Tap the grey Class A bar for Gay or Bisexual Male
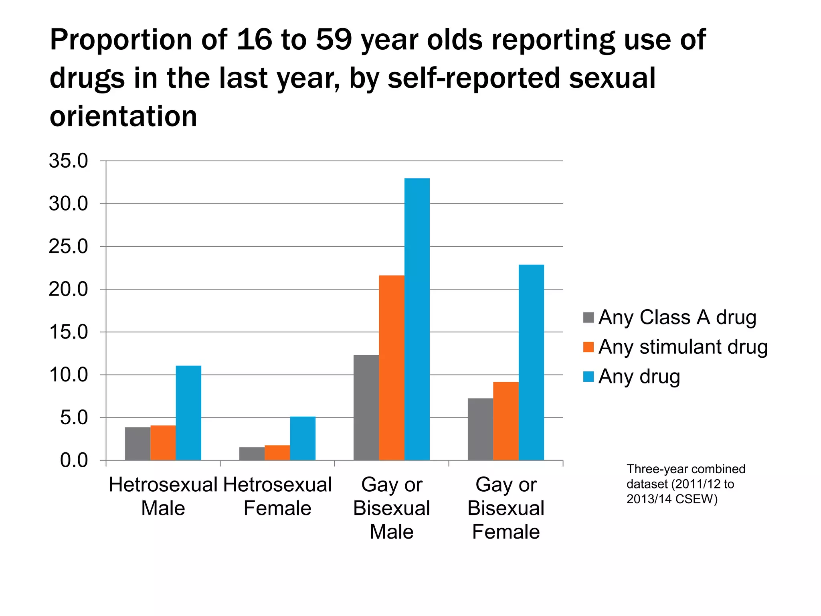click(x=366, y=407)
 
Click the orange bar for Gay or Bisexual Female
click(x=506, y=421)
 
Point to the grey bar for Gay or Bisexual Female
click(x=480, y=429)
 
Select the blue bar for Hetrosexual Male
click(x=188, y=413)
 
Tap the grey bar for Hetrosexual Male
click(x=138, y=444)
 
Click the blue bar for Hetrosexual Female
click(x=303, y=438)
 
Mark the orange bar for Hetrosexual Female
click(x=277, y=453)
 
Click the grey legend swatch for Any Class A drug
click(x=588, y=318)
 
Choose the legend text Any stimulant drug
click(x=683, y=347)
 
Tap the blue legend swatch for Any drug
click(x=588, y=377)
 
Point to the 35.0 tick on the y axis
click(x=68, y=161)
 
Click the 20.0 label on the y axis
click(x=68, y=289)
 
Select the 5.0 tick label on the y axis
click(x=74, y=417)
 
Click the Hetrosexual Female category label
click(x=277, y=496)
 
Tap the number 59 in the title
click(x=334, y=40)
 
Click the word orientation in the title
click(x=123, y=116)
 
